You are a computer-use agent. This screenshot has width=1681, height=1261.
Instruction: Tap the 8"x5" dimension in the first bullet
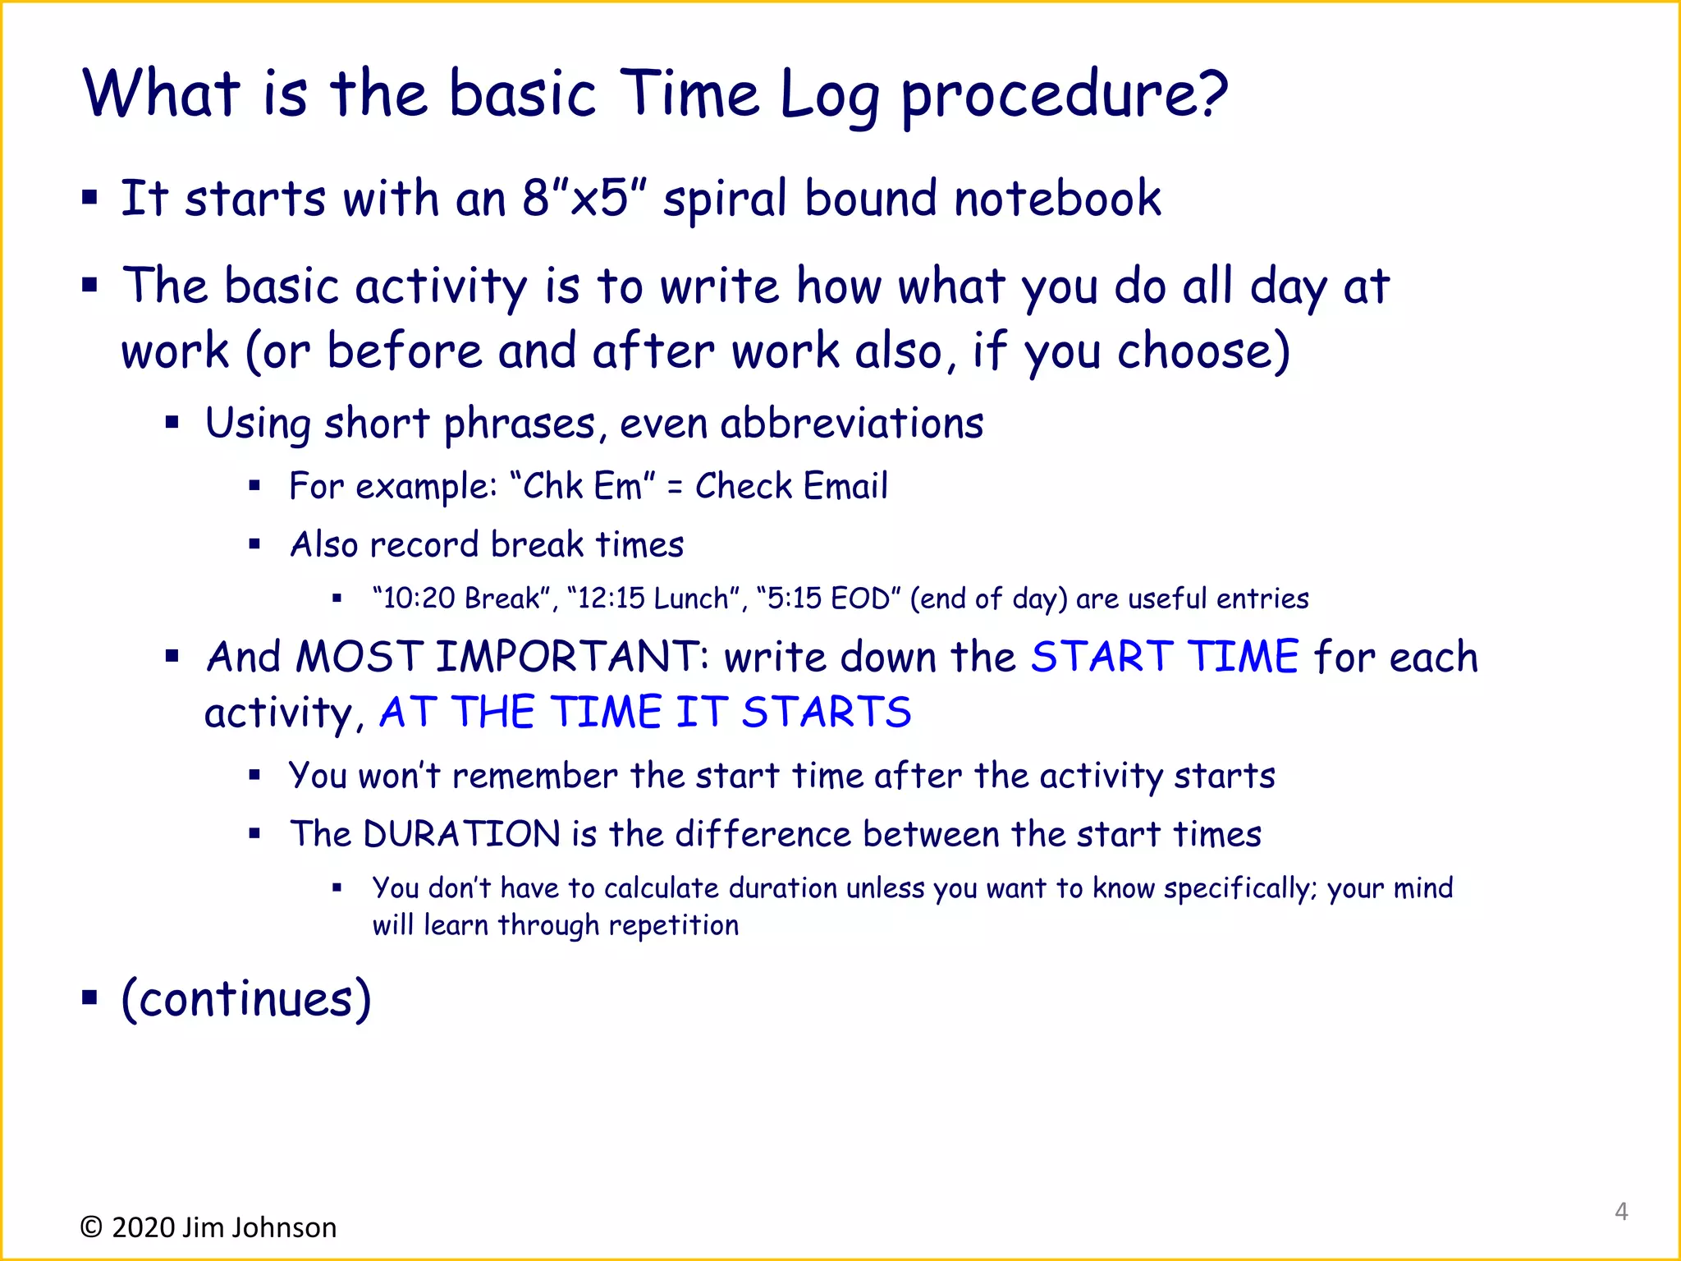[x=584, y=199]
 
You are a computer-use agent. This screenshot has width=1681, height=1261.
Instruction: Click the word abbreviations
[x=851, y=424]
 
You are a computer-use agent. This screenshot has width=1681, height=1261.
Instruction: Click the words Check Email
[x=791, y=486]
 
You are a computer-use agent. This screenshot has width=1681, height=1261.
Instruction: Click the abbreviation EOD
[x=859, y=598]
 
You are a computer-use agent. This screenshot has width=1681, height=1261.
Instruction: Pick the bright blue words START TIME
[x=1164, y=657]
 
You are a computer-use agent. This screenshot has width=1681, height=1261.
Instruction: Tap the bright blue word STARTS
[x=826, y=712]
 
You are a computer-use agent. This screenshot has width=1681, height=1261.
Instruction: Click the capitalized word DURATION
[x=461, y=834]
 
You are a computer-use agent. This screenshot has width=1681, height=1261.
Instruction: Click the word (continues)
[x=246, y=999]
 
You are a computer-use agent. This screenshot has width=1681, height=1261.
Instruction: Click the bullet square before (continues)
[x=89, y=997]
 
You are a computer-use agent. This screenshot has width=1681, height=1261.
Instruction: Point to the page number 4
[x=1621, y=1211]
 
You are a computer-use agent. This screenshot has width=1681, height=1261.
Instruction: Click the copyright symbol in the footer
[x=90, y=1227]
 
